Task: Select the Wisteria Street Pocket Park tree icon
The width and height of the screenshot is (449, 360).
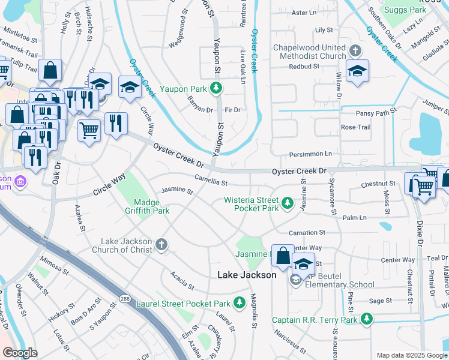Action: pyautogui.click(x=288, y=204)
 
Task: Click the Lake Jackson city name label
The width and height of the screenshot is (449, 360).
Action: pyautogui.click(x=246, y=275)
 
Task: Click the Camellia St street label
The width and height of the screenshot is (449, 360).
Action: pyautogui.click(x=211, y=179)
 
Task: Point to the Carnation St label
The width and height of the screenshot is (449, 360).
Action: pyautogui.click(x=306, y=232)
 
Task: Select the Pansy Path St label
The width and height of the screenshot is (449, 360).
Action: pyautogui.click(x=376, y=112)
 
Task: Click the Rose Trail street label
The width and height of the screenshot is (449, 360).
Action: pyautogui.click(x=355, y=127)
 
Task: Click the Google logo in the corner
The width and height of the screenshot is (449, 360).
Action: pyautogui.click(x=20, y=353)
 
